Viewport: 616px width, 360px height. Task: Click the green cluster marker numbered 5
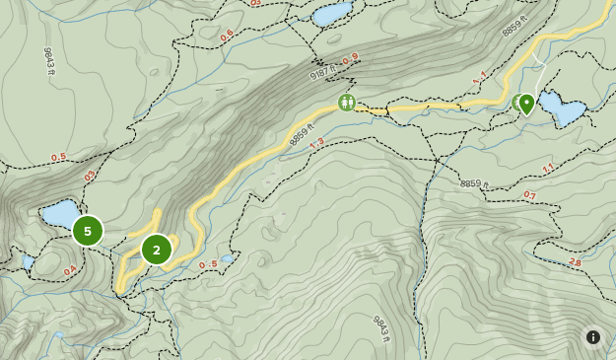(88, 231)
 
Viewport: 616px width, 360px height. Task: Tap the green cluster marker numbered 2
(157, 250)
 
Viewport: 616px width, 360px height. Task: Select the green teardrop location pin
(527, 104)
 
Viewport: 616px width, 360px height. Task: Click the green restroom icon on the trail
(346, 102)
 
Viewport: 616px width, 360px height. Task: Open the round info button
(593, 337)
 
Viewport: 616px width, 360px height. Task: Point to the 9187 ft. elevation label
(323, 71)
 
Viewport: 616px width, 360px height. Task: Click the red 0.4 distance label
(70, 270)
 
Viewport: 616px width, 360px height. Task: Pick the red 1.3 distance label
(316, 144)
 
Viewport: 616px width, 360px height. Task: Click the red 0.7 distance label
(529, 195)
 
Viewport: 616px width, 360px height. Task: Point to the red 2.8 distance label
(576, 262)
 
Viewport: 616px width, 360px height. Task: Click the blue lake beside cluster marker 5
(59, 213)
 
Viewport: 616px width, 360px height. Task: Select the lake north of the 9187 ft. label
(331, 14)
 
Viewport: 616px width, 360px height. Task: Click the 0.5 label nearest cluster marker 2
(208, 264)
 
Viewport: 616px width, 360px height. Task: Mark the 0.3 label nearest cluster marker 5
(90, 176)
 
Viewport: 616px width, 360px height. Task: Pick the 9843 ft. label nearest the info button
(381, 328)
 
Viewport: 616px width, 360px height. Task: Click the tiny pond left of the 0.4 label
(29, 262)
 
